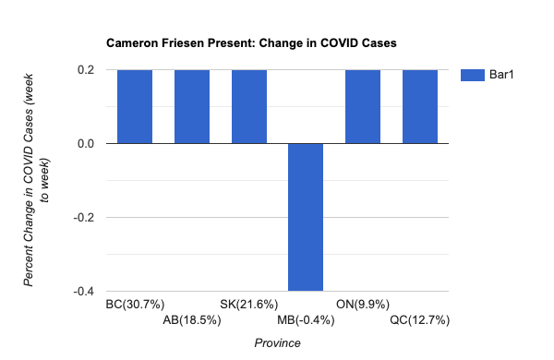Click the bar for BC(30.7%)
[135, 106]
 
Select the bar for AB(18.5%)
[192, 106]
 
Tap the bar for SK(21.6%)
[248, 106]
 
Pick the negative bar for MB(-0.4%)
[306, 217]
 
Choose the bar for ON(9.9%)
[363, 106]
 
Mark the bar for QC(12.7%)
[419, 106]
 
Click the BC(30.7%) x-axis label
[135, 304]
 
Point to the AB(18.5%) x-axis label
[192, 320]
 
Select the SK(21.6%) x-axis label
[248, 304]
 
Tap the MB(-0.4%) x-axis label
[306, 320]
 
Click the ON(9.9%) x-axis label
[363, 304]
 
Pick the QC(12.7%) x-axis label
[419, 320]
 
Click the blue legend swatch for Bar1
[474, 75]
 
